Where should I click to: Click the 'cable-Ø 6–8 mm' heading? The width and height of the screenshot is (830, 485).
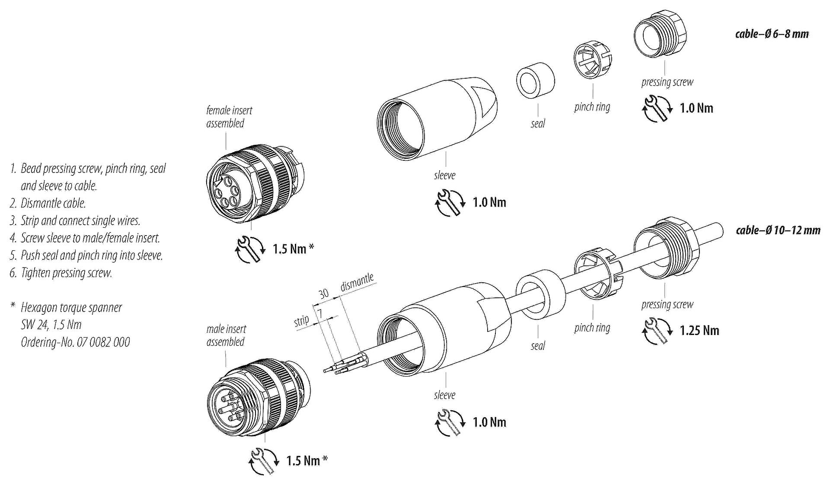(x=772, y=34)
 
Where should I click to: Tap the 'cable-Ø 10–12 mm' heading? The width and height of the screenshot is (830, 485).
(x=778, y=230)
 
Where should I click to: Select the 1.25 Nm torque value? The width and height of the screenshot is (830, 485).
(x=699, y=331)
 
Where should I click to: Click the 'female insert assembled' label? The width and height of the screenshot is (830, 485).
(x=228, y=117)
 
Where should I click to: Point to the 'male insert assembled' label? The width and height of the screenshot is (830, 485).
(x=226, y=335)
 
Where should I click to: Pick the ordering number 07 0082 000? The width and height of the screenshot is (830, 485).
(x=103, y=342)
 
